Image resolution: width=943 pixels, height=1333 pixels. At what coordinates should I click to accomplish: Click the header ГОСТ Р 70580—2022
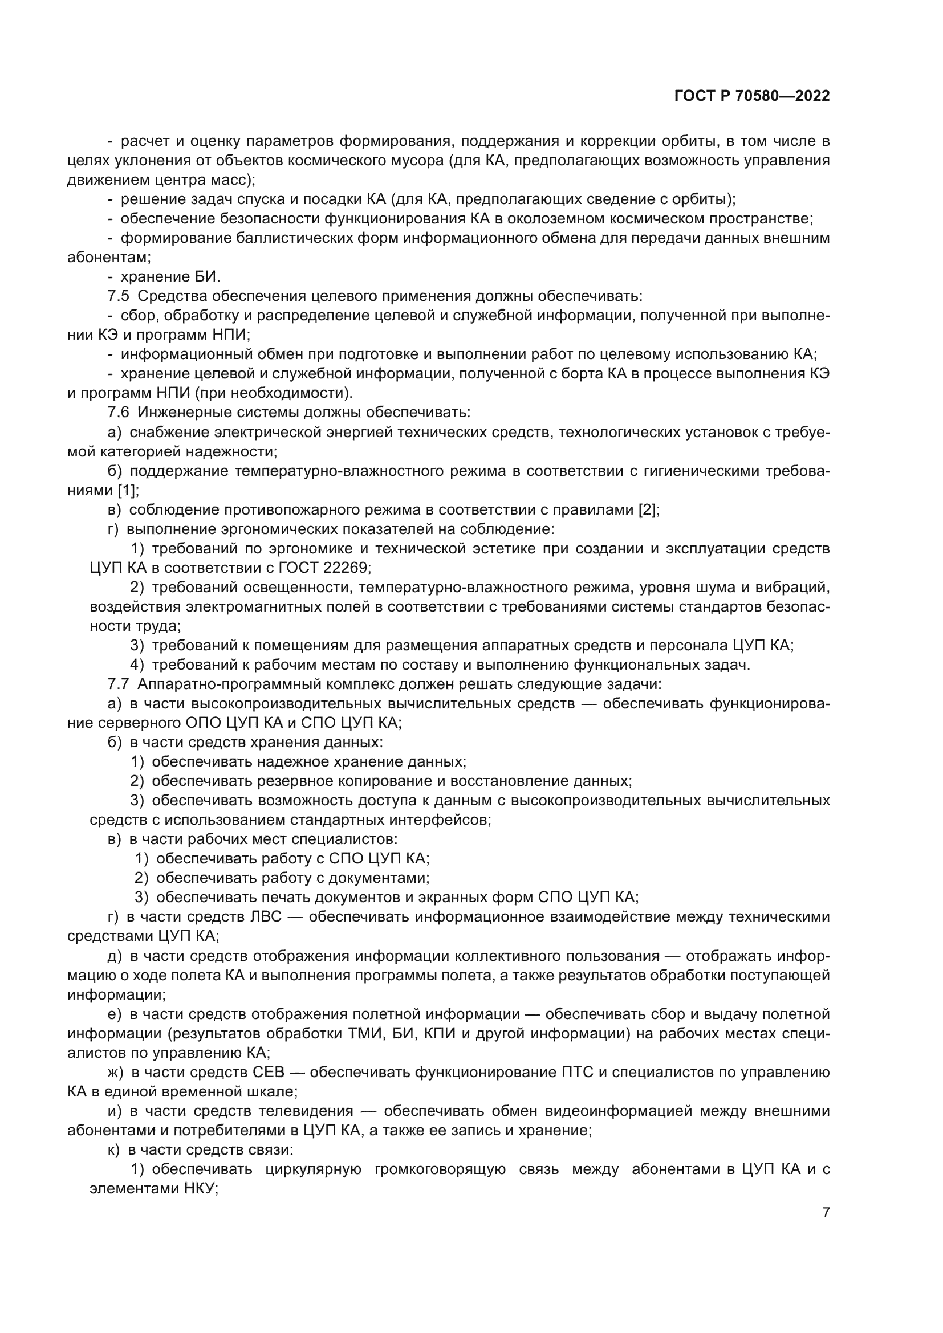[752, 96]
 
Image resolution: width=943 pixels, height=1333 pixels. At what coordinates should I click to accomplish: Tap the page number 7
[826, 1212]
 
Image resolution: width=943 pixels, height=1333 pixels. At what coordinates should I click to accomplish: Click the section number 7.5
[119, 296]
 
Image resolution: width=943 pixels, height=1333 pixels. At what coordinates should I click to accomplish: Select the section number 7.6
[119, 412]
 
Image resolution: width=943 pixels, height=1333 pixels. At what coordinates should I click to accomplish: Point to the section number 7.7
[119, 684]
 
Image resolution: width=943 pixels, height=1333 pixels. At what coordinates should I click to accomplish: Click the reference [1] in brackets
[128, 490]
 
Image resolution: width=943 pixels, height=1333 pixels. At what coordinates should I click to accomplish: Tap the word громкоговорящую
[440, 1169]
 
